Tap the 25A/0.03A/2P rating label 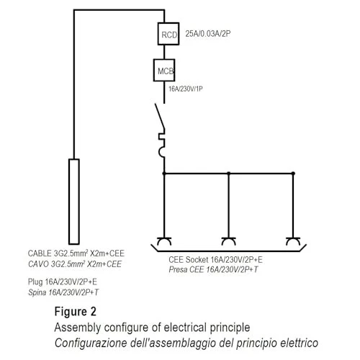pos(208,34)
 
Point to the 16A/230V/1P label pos(186,89)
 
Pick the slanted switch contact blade pos(160,117)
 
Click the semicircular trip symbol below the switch pos(161,152)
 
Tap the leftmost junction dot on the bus pos(164,174)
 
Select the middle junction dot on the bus pos(229,174)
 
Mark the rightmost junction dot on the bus pos(293,174)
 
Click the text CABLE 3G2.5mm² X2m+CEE pos(76,253)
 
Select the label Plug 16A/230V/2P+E pos(63,282)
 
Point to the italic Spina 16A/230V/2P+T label pos(63,292)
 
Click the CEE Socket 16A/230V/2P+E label pos(215,260)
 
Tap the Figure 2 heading pos(76,312)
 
